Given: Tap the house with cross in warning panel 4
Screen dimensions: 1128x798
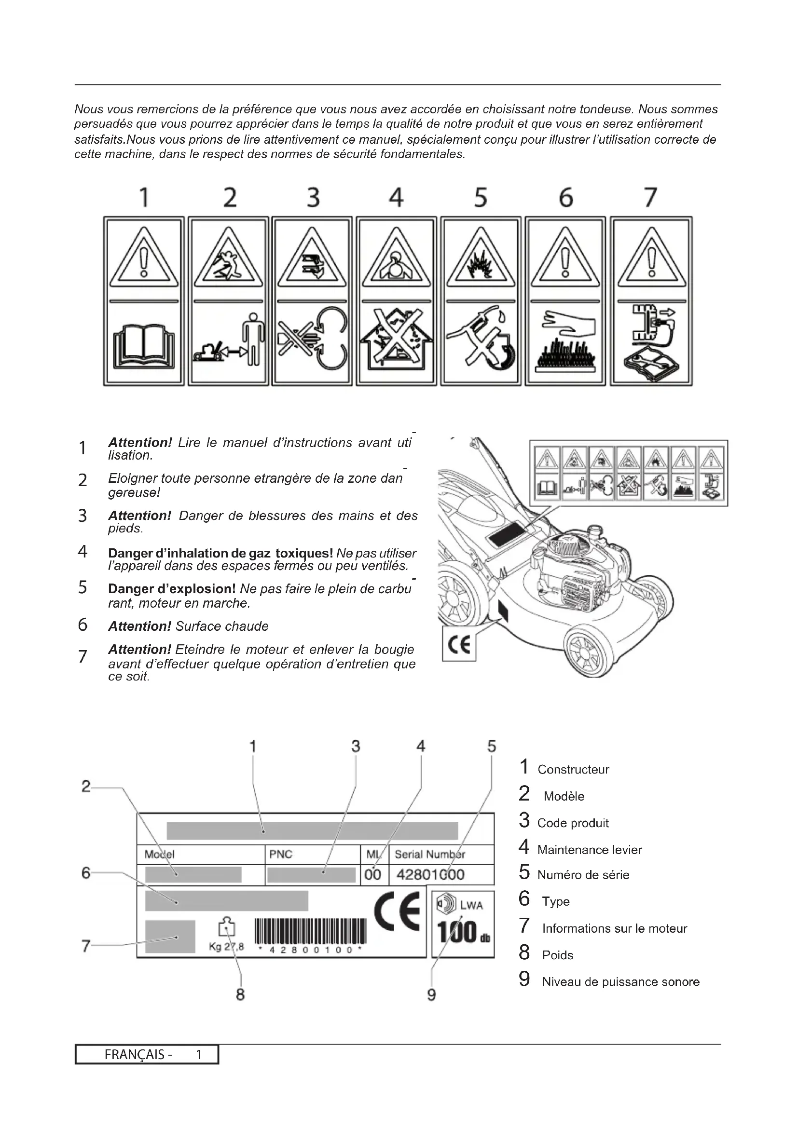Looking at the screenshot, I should [x=396, y=339].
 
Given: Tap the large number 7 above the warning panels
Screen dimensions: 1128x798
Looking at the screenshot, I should [x=650, y=198].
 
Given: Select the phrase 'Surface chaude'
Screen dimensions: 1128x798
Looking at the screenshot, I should [x=221, y=626].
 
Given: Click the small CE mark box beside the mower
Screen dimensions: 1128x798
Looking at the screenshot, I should [x=459, y=644].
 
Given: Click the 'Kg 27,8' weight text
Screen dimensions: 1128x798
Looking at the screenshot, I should [x=226, y=947].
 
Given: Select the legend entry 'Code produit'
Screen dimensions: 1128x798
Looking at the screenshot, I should [x=573, y=823].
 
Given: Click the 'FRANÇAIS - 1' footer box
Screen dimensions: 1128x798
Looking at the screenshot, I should [x=147, y=1055].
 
